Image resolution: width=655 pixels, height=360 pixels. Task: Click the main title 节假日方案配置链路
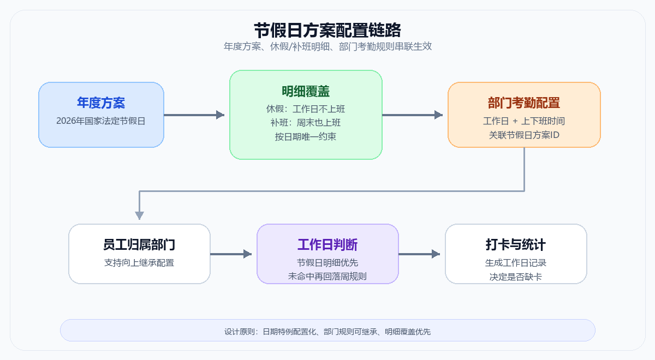(x=327, y=29)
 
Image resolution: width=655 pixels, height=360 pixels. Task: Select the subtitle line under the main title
(x=327, y=46)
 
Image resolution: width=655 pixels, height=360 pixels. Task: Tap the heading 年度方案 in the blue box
(x=101, y=103)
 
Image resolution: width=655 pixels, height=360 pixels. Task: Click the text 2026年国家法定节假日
(x=101, y=121)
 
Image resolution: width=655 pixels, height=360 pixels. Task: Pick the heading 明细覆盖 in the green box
(x=306, y=91)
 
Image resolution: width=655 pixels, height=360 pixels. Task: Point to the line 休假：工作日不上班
(x=306, y=109)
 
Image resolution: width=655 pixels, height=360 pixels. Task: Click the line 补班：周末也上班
(x=306, y=123)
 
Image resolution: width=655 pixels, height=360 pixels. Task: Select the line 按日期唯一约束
(x=306, y=137)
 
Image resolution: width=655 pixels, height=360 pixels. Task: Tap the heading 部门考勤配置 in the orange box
(x=524, y=103)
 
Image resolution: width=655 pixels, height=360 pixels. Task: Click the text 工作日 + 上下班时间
(x=524, y=121)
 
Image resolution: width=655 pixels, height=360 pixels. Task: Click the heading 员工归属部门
(x=139, y=244)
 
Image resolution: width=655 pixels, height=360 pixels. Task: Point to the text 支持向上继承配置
(x=139, y=262)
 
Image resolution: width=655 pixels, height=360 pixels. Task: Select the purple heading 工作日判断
(x=327, y=244)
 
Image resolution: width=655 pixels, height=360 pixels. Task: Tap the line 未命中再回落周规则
(x=327, y=277)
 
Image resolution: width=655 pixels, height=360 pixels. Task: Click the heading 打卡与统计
(x=516, y=244)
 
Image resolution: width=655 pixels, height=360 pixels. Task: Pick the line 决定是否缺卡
(x=516, y=277)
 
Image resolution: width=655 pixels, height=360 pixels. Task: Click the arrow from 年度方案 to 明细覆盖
(x=194, y=115)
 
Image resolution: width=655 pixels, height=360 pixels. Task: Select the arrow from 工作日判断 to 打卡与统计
(x=419, y=254)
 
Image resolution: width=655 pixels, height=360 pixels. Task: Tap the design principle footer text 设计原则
(x=327, y=331)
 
